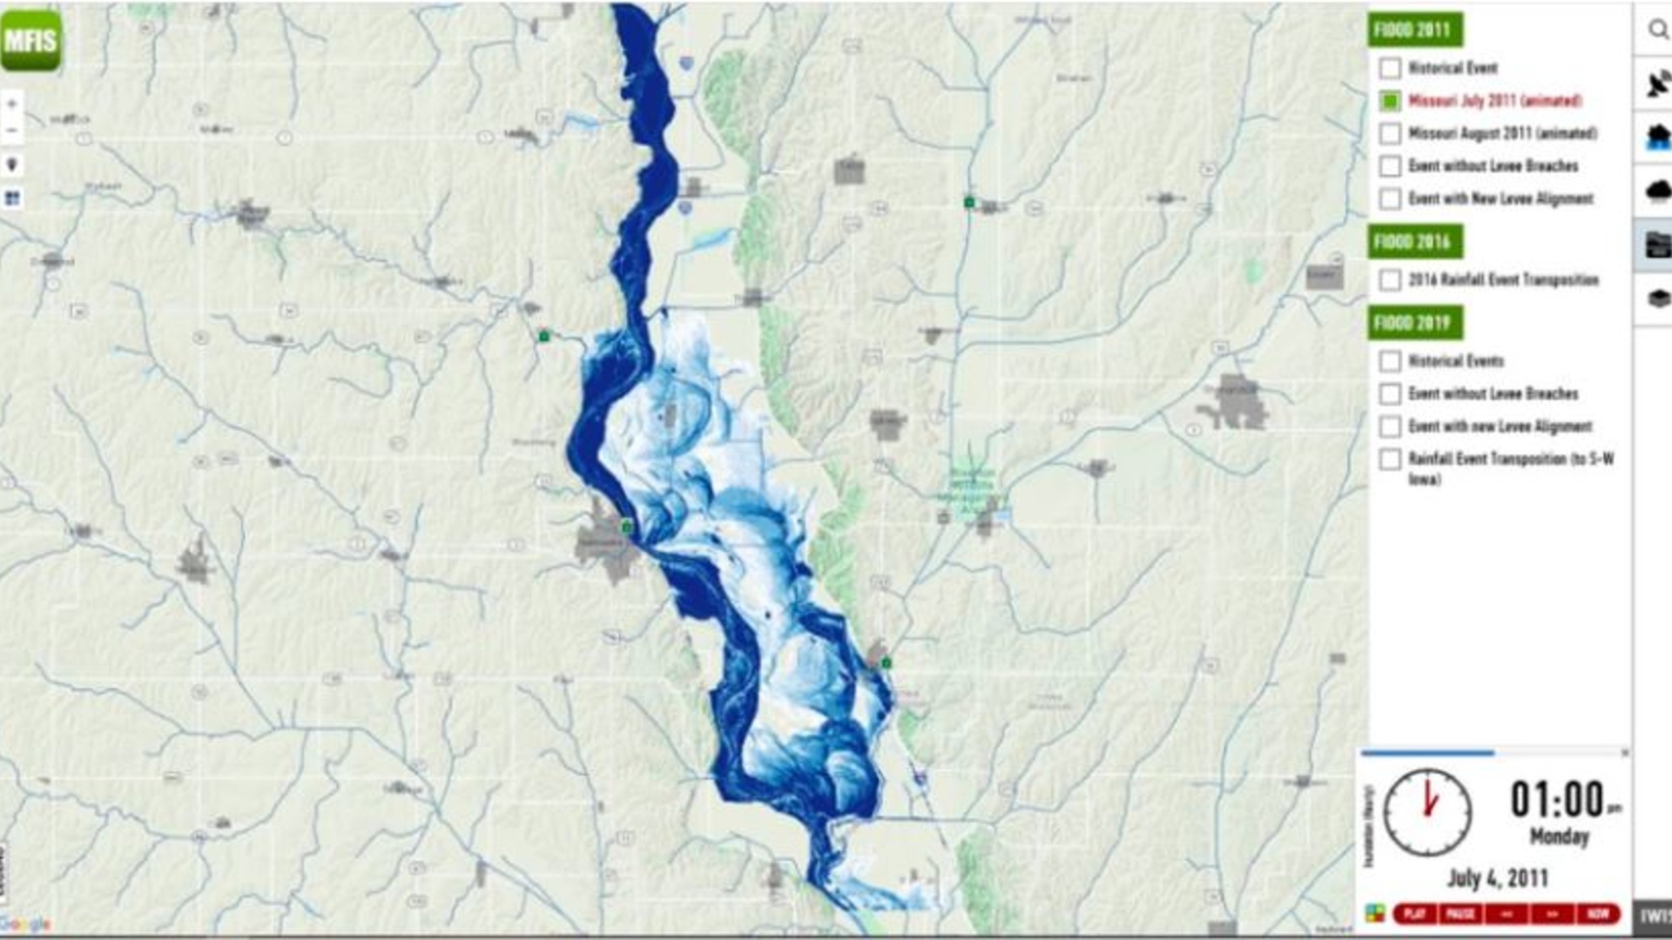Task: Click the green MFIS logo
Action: (31, 41)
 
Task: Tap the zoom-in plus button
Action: (12, 104)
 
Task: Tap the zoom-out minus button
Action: (12, 131)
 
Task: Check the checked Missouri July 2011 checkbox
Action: (1390, 101)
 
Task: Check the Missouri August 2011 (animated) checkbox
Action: (1390, 133)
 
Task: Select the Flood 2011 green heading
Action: (1414, 30)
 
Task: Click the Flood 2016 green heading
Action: (1414, 242)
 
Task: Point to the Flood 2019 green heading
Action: (1414, 323)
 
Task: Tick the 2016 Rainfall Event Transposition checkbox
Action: (1390, 280)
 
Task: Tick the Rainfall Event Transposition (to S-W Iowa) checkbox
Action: (1390, 459)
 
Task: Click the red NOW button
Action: (1598, 913)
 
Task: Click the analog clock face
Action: (1427, 812)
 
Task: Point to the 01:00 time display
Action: (1557, 799)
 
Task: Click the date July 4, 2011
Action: (1498, 877)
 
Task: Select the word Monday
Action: (1559, 836)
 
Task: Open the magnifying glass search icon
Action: (1657, 30)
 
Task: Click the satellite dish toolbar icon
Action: (1657, 84)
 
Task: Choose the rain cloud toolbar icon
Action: (1657, 190)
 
